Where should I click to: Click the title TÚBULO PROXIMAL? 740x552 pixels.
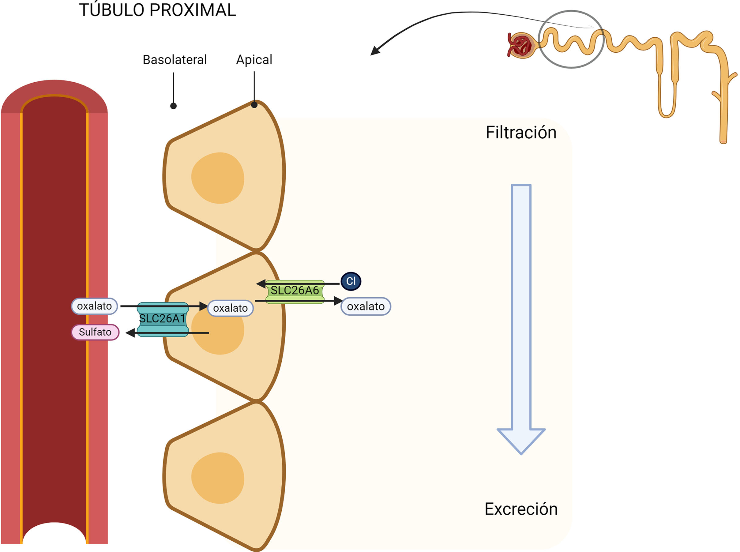pyautogui.click(x=157, y=10)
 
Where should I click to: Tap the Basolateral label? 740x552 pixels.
pyautogui.click(x=175, y=60)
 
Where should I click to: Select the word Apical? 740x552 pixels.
pyautogui.click(x=254, y=60)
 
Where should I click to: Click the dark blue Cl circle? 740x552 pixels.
pyautogui.click(x=351, y=281)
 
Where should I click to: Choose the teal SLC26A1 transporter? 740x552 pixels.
pyautogui.click(x=163, y=319)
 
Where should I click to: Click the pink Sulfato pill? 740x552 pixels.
pyautogui.click(x=95, y=332)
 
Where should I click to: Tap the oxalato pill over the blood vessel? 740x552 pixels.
pyautogui.click(x=94, y=306)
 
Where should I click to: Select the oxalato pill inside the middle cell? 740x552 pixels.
pyautogui.click(x=231, y=308)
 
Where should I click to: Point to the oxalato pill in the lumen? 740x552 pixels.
pyautogui.click(x=366, y=306)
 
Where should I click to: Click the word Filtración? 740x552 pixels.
pyautogui.click(x=521, y=133)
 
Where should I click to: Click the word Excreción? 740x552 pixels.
pyautogui.click(x=521, y=509)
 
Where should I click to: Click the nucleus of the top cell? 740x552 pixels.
pyautogui.click(x=218, y=178)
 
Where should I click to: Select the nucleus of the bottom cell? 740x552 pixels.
pyautogui.click(x=218, y=478)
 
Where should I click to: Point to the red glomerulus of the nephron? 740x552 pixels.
pyautogui.click(x=520, y=45)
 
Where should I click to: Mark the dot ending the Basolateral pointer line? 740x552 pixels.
pyautogui.click(x=173, y=106)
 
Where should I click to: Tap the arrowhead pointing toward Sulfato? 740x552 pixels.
pyautogui.click(x=130, y=333)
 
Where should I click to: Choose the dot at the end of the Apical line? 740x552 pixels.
pyautogui.click(x=254, y=105)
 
